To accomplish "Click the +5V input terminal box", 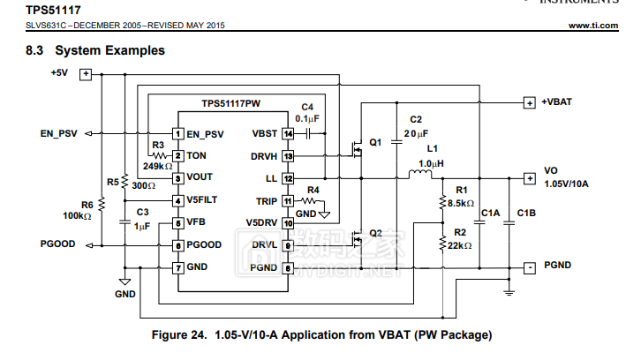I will [87, 74].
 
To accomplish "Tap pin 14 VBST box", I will [288, 134].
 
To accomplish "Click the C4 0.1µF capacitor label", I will [306, 112].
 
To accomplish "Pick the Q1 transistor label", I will [376, 142].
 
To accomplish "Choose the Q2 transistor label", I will [376, 233].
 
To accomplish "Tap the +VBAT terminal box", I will [529, 102].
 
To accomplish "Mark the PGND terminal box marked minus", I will [529, 266].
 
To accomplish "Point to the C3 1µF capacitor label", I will [141, 220].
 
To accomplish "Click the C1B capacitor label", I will [526, 213].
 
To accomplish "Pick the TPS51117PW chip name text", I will [230, 103].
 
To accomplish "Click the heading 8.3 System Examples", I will [96, 51].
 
